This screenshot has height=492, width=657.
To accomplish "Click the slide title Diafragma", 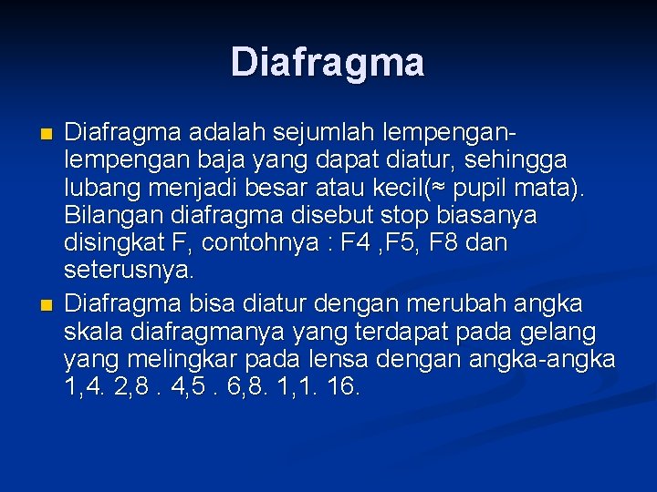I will coord(328,62).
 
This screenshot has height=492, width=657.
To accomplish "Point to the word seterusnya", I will coord(129,272).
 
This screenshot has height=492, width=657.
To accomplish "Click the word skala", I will coord(96,330).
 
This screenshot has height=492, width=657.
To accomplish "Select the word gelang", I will coord(556,330).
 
